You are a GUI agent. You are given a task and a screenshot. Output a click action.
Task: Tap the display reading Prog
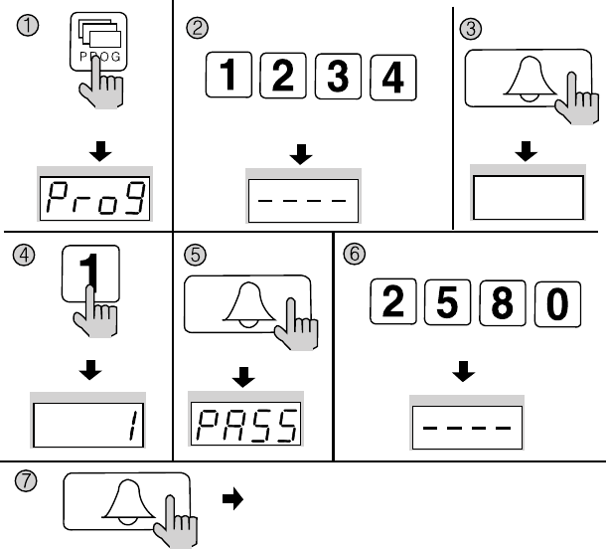click(94, 203)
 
